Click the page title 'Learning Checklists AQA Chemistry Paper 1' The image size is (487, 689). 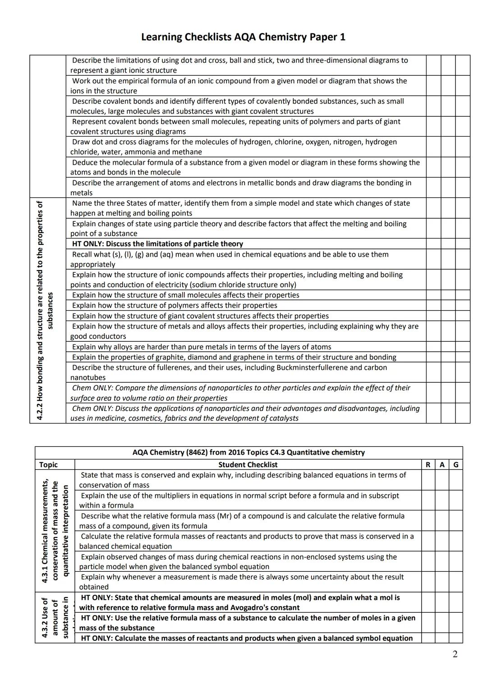(243, 37)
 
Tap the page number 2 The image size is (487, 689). (455, 654)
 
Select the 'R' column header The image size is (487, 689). (428, 464)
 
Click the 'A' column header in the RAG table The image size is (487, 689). (442, 464)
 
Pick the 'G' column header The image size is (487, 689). (456, 464)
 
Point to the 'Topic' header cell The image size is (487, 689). (49, 464)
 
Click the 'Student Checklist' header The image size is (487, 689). (248, 464)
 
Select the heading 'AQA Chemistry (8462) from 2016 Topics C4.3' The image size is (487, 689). (248, 452)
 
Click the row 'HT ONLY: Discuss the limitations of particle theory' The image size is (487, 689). (157, 244)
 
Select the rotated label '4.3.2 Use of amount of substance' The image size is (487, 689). (55, 618)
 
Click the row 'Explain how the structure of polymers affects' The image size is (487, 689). (175, 305)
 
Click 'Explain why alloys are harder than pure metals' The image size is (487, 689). (202, 347)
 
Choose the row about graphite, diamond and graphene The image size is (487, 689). (234, 357)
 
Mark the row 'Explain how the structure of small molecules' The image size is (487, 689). (185, 295)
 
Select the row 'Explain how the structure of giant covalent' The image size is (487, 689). (200, 316)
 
